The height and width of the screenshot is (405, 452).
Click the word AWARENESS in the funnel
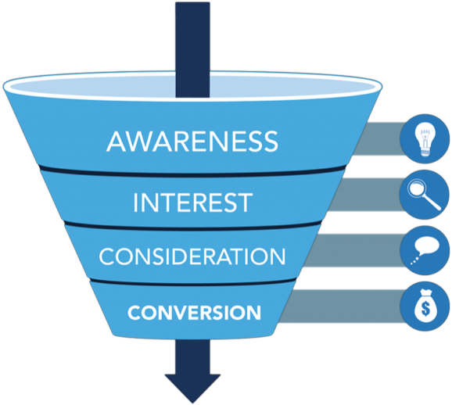tap(192, 142)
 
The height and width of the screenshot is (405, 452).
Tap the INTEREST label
tap(192, 202)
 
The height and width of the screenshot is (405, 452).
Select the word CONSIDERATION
tap(192, 256)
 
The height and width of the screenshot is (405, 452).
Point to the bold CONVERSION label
tap(194, 313)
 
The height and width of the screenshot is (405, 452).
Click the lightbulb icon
tap(425, 139)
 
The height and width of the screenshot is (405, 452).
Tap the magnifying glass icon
tap(424, 194)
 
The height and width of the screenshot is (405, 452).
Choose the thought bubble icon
tap(425, 250)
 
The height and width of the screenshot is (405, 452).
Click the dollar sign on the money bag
tap(425, 308)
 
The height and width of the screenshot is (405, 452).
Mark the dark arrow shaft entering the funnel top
tap(192, 49)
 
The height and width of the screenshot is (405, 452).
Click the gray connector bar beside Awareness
tap(378, 139)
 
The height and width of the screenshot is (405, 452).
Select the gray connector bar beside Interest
tap(365, 195)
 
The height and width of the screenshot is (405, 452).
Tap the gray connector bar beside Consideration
tap(353, 250)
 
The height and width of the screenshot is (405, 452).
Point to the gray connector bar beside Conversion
tap(340, 306)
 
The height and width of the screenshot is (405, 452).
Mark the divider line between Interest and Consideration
tap(192, 228)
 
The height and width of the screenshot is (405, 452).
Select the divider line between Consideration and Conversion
tap(192, 283)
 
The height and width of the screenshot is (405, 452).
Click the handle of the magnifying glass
tap(432, 202)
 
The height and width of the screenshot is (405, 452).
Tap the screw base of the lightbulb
tap(425, 152)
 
